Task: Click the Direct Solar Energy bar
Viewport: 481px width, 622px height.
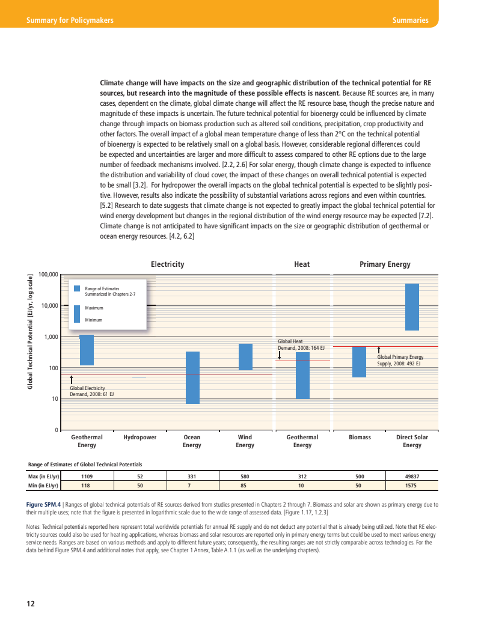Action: click(x=412, y=307)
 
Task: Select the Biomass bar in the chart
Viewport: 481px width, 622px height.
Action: click(x=359, y=362)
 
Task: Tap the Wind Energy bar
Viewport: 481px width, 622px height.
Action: click(x=245, y=357)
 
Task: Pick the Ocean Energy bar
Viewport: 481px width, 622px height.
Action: click(x=192, y=377)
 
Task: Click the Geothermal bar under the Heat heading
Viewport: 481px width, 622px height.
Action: click(x=302, y=376)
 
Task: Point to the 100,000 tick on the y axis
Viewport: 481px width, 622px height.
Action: click(x=47, y=275)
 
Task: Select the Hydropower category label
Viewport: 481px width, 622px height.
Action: click(x=139, y=438)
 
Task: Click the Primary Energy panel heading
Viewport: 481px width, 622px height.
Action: click(x=385, y=264)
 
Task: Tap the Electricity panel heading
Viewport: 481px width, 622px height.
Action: click(x=167, y=264)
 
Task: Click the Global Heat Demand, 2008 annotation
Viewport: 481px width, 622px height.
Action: click(x=301, y=344)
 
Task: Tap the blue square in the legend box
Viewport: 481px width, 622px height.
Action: click(x=77, y=288)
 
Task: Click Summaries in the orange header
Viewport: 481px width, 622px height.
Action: click(x=410, y=20)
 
